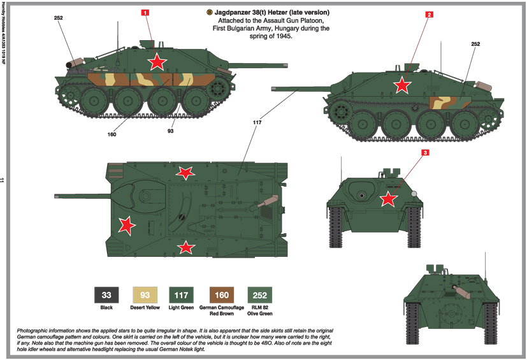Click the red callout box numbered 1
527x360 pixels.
tap(145, 12)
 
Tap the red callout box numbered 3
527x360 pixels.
tap(425, 152)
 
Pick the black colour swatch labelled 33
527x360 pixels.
tap(106, 294)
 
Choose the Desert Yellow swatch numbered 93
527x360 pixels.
tap(144, 294)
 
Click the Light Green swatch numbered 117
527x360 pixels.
tap(182, 294)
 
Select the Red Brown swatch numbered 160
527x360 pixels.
tap(220, 294)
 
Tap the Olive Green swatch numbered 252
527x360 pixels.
tap(259, 294)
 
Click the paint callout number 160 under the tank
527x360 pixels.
tap(112, 134)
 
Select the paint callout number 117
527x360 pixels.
tap(257, 121)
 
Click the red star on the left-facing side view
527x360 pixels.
tap(156, 61)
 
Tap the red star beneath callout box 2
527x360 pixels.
tap(401, 84)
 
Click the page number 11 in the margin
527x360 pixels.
tap(4, 180)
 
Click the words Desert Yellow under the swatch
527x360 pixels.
tap(144, 308)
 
